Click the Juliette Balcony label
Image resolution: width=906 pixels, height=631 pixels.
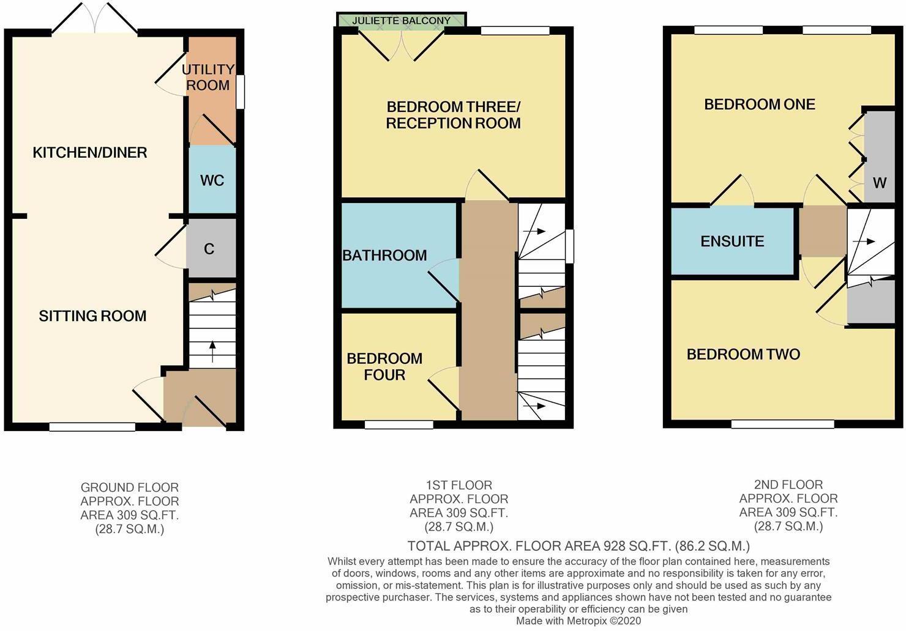[x=402, y=20]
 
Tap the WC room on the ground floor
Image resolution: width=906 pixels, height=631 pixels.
[x=212, y=180]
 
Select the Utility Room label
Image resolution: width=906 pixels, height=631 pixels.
[x=208, y=78]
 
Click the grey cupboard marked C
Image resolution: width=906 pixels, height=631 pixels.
[x=209, y=249]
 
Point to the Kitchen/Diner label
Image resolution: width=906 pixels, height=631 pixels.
[x=89, y=152]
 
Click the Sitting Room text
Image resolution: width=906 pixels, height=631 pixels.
[x=92, y=316]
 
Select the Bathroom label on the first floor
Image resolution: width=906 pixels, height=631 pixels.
[x=384, y=255]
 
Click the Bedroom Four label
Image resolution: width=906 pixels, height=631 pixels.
[x=384, y=366]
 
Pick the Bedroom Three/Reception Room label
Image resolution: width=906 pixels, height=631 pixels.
[x=453, y=115]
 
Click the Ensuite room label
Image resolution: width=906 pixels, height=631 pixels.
[x=732, y=241]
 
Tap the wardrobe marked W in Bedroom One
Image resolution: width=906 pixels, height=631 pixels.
[x=879, y=182]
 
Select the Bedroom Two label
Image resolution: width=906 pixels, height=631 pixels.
[x=743, y=354]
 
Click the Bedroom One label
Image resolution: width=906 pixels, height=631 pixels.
[x=759, y=104]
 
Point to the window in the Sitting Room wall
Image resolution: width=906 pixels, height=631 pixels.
[x=92, y=427]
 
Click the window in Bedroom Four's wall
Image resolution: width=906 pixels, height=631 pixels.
[x=399, y=424]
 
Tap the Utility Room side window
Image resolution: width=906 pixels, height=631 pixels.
[x=241, y=92]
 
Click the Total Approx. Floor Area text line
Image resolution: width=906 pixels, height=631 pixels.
[x=578, y=545]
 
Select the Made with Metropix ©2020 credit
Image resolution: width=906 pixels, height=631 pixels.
[x=578, y=621]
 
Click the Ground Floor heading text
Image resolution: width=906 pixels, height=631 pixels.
[x=130, y=487]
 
